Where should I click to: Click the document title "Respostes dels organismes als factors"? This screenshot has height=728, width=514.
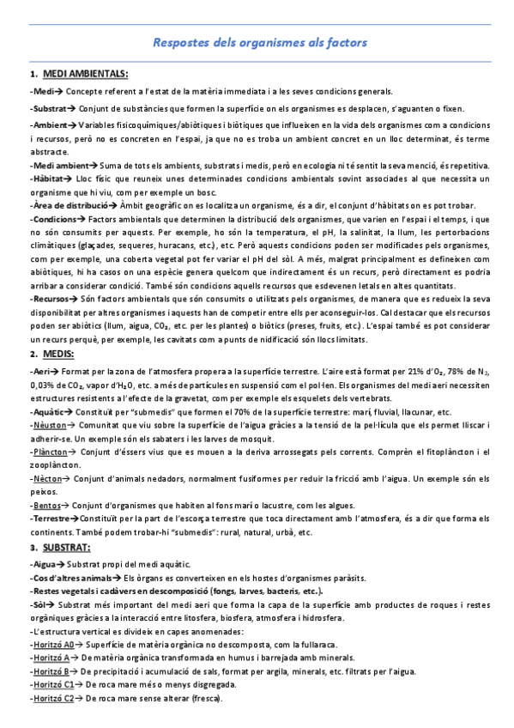click(259, 41)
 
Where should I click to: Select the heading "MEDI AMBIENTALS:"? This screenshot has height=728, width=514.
click(85, 74)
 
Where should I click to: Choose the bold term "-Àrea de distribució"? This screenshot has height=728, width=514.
click(67, 207)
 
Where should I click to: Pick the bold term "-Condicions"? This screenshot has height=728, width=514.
click(54, 220)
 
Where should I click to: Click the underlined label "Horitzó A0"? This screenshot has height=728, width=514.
click(52, 644)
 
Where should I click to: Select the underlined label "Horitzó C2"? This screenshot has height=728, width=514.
click(52, 699)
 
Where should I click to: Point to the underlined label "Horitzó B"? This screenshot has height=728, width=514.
click(51, 671)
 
